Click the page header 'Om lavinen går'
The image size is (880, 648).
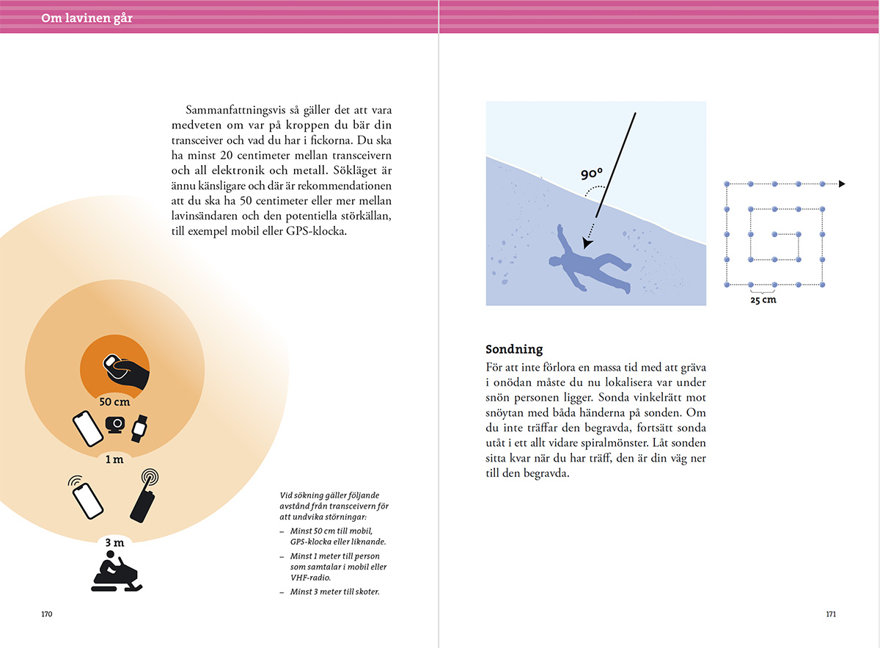click(x=87, y=18)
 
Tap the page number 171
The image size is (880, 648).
click(x=830, y=614)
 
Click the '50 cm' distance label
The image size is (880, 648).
click(x=114, y=401)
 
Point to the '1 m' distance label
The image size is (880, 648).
click(x=114, y=460)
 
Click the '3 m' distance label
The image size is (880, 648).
click(x=114, y=543)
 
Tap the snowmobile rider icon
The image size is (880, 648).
click(x=117, y=574)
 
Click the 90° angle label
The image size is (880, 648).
click(x=591, y=175)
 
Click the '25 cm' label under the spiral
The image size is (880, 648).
click(x=763, y=299)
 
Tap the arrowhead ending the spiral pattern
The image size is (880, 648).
click(x=842, y=183)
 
